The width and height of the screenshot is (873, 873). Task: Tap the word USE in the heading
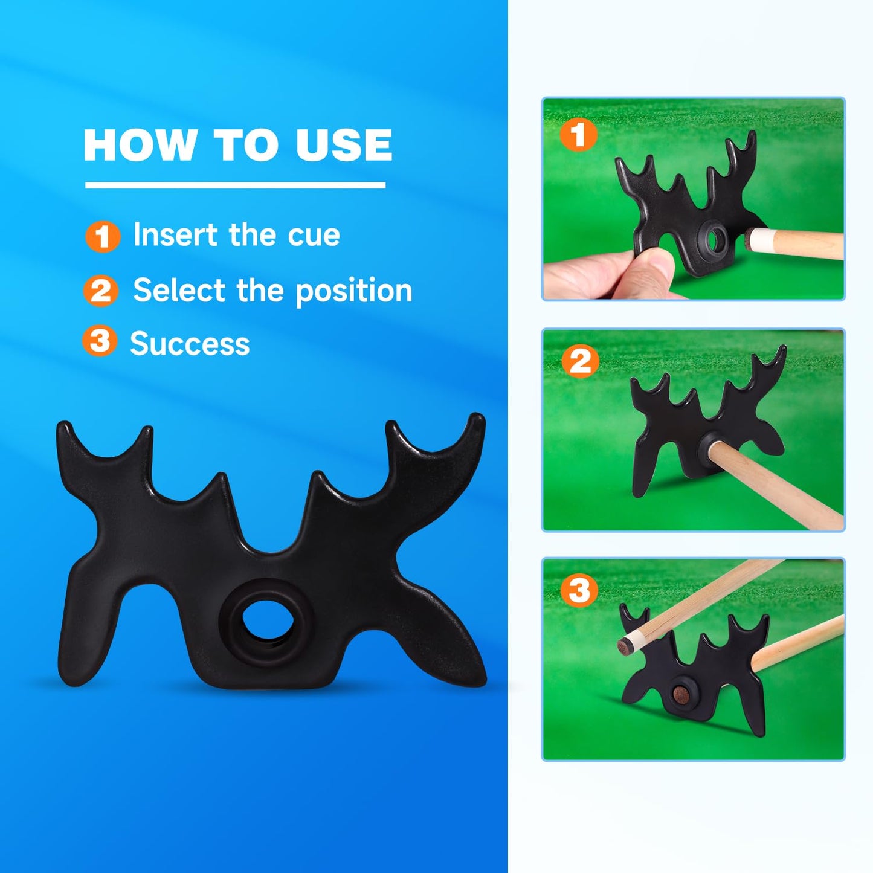tap(344, 146)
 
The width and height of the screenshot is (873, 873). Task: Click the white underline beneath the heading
tap(235, 185)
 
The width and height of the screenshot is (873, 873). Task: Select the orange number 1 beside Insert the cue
tap(102, 236)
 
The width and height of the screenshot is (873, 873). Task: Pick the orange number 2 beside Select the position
tap(100, 291)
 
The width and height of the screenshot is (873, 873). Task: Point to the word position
tap(353, 291)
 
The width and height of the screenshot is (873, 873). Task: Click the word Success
tap(190, 344)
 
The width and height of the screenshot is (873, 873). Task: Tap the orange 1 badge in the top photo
tap(578, 135)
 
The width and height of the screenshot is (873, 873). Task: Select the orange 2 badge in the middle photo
tap(580, 362)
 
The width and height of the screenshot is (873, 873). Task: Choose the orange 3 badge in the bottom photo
tap(579, 590)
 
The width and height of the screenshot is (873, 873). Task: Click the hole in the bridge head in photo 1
tap(715, 240)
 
